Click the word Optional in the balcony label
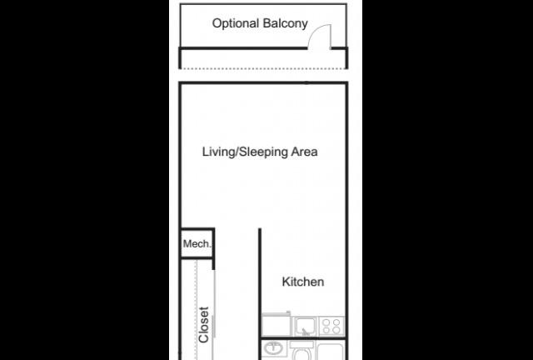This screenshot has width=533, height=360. [236, 23]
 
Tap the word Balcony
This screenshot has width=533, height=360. [285, 23]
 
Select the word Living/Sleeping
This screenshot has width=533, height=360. [245, 152]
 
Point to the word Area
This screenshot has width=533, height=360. [304, 152]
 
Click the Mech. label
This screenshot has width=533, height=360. [197, 243]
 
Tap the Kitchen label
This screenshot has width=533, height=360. [303, 282]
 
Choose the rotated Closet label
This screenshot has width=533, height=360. [203, 325]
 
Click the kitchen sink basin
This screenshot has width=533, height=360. [305, 326]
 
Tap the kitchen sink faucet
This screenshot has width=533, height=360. [305, 332]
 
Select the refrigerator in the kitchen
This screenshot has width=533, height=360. [276, 325]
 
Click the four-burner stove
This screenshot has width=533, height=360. [331, 326]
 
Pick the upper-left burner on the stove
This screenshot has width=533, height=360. [326, 322]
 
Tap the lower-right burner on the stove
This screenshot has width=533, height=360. [336, 330]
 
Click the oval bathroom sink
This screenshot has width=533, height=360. [273, 348]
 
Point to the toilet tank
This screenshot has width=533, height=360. [301, 345]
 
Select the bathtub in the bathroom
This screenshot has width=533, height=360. [331, 351]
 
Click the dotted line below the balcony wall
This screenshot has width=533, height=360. [263, 68]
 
